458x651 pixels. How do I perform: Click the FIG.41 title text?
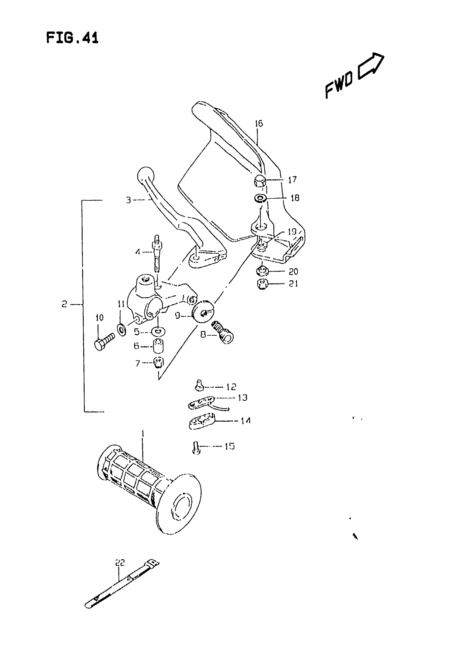coord(72,38)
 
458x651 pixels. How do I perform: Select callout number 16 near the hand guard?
coord(259,123)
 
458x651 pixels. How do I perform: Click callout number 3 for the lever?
coord(129,200)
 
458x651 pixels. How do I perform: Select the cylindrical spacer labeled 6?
coord(158,347)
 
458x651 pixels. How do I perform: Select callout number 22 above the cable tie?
coord(120,562)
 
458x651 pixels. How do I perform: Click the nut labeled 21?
coord(262,284)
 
